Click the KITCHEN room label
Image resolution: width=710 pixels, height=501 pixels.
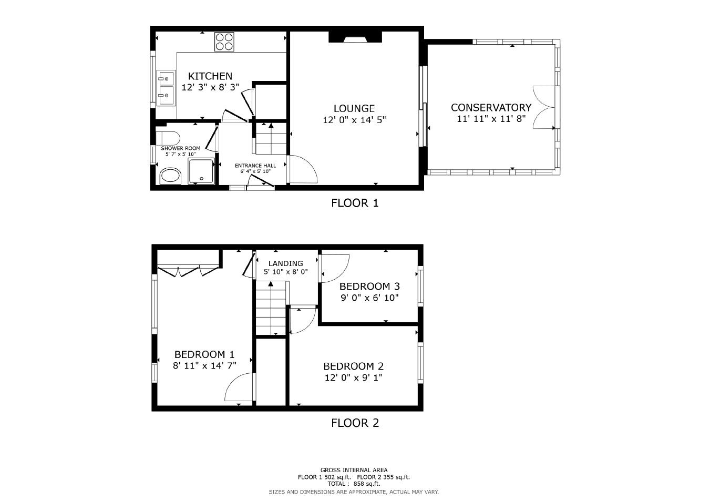coord(210,76)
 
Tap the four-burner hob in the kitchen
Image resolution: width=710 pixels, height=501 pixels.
coord(224,42)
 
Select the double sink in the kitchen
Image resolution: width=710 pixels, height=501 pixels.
coord(166,87)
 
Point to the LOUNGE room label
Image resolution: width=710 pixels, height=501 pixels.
coord(354,109)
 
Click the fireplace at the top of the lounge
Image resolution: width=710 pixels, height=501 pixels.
coord(355,37)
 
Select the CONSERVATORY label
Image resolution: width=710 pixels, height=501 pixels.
coord(491,108)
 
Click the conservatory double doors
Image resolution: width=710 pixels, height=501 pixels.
coord(544,107)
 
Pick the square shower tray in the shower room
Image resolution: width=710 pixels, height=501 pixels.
coord(201,171)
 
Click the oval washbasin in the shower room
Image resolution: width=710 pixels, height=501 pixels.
coord(170,176)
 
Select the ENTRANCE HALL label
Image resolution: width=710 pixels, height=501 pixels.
coord(255,166)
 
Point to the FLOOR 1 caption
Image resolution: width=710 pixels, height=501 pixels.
coord(355,203)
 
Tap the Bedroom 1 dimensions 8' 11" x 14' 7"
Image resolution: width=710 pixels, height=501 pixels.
coord(204,365)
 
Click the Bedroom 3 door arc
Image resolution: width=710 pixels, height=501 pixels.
coord(335,268)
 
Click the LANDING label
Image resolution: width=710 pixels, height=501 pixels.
coord(285,263)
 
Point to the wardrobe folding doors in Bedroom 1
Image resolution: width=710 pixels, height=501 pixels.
coord(188,271)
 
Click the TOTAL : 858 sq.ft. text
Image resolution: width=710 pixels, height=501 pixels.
coord(354,484)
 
